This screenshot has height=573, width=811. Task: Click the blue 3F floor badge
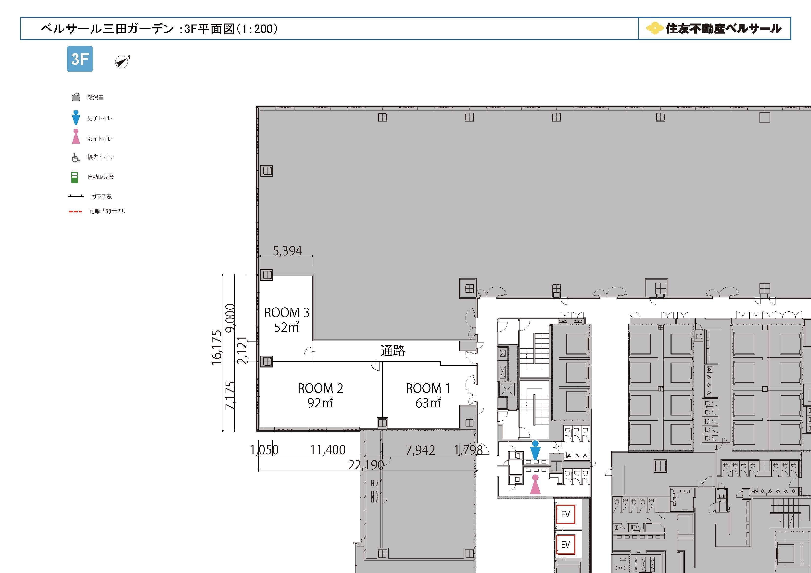coord(80,59)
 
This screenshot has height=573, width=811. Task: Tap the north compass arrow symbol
coord(122,62)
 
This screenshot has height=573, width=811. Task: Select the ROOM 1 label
coord(428,388)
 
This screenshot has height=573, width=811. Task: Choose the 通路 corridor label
coord(393,351)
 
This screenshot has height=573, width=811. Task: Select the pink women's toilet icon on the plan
coord(535,484)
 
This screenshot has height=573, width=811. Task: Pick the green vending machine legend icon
coord(75,177)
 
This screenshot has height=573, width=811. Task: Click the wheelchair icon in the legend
coord(76,158)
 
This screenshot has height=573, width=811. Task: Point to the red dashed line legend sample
coord(75,211)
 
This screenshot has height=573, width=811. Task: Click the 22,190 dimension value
coord(366,465)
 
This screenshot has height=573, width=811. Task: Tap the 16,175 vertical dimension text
coord(216,347)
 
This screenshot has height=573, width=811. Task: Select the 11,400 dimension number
coord(328,450)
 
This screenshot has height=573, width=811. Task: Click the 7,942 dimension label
coord(420,450)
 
